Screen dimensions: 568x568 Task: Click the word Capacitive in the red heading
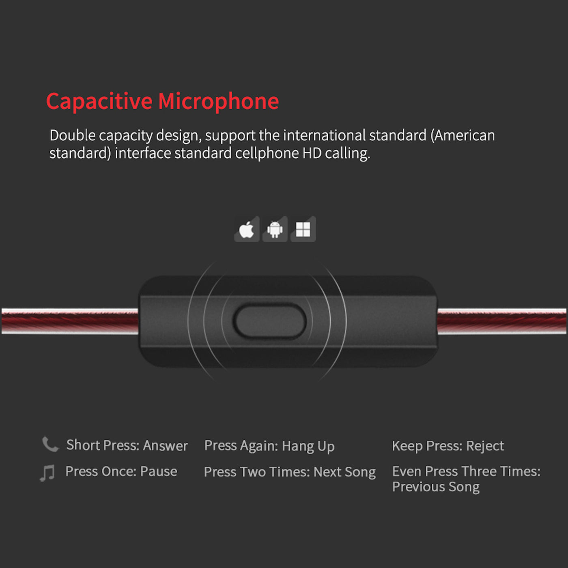(99, 101)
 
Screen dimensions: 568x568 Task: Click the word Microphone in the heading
(218, 101)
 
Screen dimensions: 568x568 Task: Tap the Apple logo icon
(247, 230)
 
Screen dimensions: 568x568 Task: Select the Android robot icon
(275, 230)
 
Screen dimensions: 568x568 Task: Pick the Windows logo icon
(303, 230)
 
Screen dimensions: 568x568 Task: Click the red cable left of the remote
(69, 321)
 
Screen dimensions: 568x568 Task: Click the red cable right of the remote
(501, 321)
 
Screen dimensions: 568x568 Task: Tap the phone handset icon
(50, 444)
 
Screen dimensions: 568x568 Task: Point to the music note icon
(47, 473)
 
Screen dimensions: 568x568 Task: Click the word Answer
(165, 445)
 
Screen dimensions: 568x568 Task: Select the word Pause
(158, 471)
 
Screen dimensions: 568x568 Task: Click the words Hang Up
(308, 446)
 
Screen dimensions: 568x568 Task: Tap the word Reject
(485, 446)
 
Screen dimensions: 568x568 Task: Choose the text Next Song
(344, 472)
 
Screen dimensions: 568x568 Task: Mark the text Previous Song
(435, 487)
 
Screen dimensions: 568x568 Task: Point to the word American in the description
(464, 136)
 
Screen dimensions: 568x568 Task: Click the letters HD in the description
(312, 153)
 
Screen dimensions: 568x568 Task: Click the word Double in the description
(72, 136)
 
